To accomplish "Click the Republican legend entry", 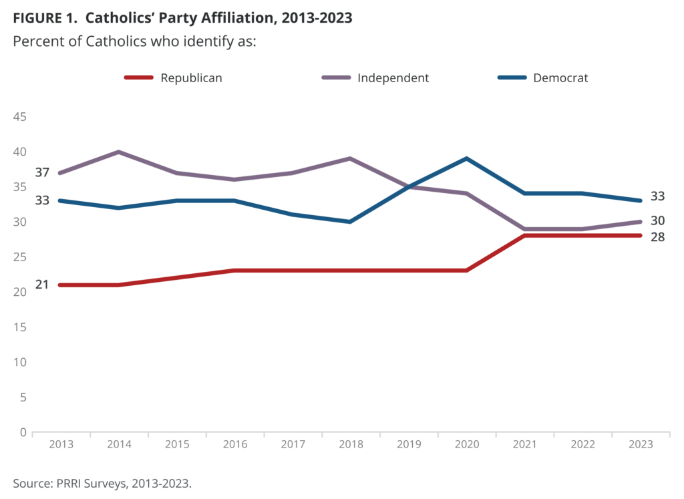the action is pyautogui.click(x=173, y=77).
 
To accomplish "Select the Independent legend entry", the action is pyautogui.click(x=375, y=77).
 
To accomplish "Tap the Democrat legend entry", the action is pyautogui.click(x=542, y=77).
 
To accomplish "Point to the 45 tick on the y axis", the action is pyautogui.click(x=19, y=116).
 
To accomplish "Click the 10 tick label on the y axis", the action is pyautogui.click(x=19, y=362).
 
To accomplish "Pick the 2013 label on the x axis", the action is pyautogui.click(x=61, y=444).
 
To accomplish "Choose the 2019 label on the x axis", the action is pyautogui.click(x=409, y=444).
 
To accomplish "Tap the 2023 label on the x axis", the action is pyautogui.click(x=641, y=444).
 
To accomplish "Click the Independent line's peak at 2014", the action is pyautogui.click(x=119, y=152).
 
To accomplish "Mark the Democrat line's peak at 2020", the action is pyautogui.click(x=467, y=158).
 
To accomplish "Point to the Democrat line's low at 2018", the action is pyautogui.click(x=350, y=222).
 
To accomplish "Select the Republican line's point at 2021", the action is pyautogui.click(x=525, y=236).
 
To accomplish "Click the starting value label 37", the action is pyautogui.click(x=42, y=172).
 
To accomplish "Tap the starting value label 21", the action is pyautogui.click(x=42, y=285).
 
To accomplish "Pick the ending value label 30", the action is pyautogui.click(x=657, y=220).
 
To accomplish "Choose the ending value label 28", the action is pyautogui.click(x=657, y=237).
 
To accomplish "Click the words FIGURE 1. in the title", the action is pyautogui.click(x=45, y=18).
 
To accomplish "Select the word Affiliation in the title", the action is pyautogui.click(x=236, y=18).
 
